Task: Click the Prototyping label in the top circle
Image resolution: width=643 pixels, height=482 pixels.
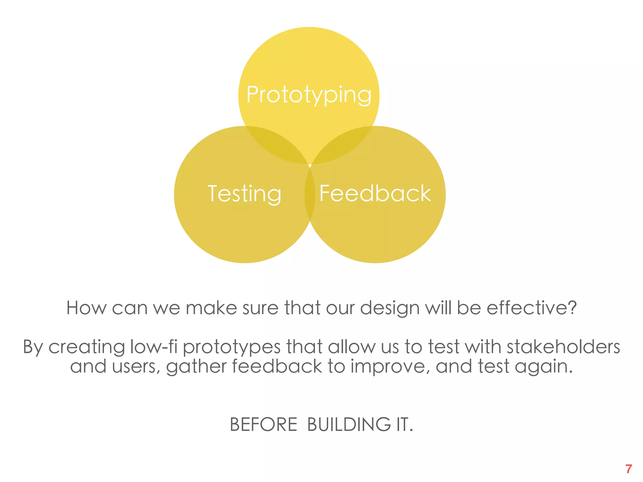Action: click(309, 95)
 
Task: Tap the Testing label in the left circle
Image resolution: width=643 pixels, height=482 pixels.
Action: click(244, 194)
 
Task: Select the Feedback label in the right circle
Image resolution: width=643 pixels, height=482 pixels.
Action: click(375, 194)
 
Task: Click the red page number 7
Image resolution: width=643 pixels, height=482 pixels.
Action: click(628, 469)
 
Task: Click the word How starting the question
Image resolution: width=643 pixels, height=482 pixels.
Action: click(86, 308)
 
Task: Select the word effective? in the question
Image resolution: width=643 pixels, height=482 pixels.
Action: click(532, 308)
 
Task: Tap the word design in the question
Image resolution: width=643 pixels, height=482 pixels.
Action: click(390, 308)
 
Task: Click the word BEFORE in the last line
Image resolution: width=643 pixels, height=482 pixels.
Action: click(263, 425)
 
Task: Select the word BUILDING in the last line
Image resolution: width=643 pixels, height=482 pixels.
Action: click(349, 425)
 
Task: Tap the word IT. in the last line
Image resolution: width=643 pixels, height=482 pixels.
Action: click(404, 425)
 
